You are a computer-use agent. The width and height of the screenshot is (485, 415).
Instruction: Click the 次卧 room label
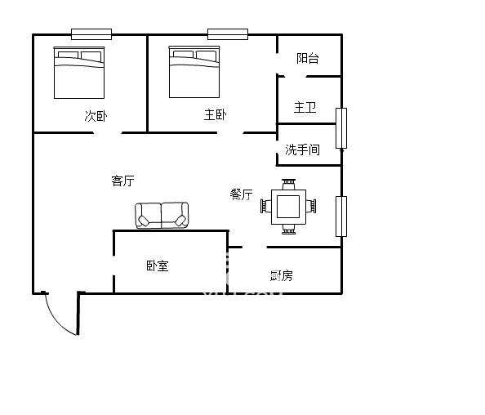point(96,115)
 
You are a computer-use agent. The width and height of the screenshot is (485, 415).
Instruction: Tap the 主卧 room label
point(215,115)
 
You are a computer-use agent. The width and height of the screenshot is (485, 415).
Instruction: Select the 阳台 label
point(307,58)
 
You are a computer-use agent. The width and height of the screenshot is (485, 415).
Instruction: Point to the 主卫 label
point(305,107)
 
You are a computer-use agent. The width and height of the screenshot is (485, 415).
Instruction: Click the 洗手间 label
point(302,149)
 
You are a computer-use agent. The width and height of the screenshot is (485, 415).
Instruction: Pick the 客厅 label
point(122,181)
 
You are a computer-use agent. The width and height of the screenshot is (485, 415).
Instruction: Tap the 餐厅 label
point(241,194)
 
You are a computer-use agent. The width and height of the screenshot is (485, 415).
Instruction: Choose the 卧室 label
point(158,266)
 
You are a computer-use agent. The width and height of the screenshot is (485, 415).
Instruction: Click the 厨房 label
point(281,274)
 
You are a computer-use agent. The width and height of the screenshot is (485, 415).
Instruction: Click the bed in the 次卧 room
point(79,72)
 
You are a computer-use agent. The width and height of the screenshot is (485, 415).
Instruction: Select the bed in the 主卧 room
point(194,72)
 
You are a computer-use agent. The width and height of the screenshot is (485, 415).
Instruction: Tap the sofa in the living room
point(162,216)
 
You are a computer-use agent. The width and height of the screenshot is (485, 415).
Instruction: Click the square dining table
point(288,206)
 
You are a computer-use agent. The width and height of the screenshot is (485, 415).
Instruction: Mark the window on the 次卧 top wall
point(91,34)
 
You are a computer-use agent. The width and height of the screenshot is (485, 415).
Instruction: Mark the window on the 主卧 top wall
point(227,34)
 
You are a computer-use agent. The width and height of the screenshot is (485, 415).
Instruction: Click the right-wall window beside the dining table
point(341,216)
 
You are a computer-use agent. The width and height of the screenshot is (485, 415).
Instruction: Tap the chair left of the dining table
point(265,207)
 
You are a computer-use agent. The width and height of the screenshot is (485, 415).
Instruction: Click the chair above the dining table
point(288,185)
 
